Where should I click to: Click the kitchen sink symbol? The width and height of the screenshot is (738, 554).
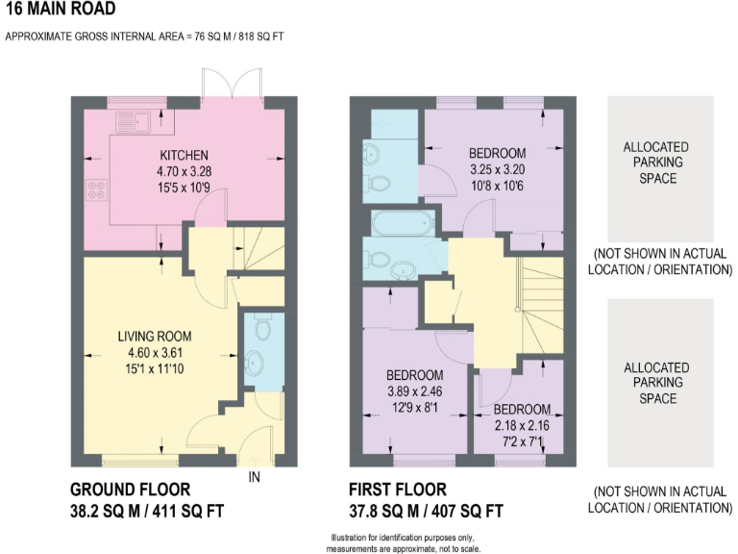point(129,121)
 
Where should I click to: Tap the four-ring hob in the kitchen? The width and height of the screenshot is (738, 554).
point(97,189)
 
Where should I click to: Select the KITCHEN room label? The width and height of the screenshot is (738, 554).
point(184,156)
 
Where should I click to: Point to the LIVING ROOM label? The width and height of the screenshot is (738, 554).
point(155,337)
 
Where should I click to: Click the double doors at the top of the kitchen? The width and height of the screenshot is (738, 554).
point(232,85)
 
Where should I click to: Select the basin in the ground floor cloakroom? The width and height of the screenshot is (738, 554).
point(255,363)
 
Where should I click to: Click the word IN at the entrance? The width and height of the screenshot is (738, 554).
point(255,476)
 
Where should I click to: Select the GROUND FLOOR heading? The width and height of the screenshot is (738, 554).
point(130,490)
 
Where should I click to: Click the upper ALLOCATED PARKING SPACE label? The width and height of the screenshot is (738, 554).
point(656,163)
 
